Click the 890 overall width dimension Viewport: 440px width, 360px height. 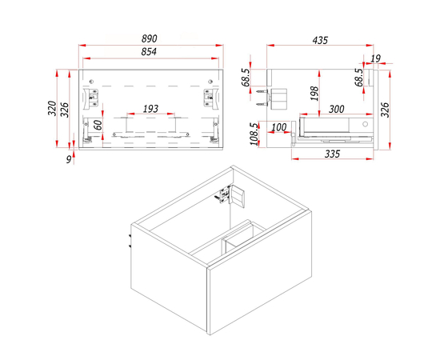click(x=150, y=38)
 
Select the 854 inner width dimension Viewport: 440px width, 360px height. click(x=149, y=52)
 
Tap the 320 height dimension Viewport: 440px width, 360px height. click(x=52, y=108)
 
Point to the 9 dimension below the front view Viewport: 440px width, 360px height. click(x=69, y=160)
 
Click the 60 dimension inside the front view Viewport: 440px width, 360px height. click(x=98, y=125)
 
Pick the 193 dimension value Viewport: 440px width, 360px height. click(x=150, y=109)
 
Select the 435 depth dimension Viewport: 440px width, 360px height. click(x=320, y=41)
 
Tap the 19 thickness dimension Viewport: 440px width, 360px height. click(x=375, y=58)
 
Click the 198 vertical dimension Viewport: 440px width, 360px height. click(x=314, y=94)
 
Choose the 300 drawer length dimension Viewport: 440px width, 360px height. click(x=337, y=109)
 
